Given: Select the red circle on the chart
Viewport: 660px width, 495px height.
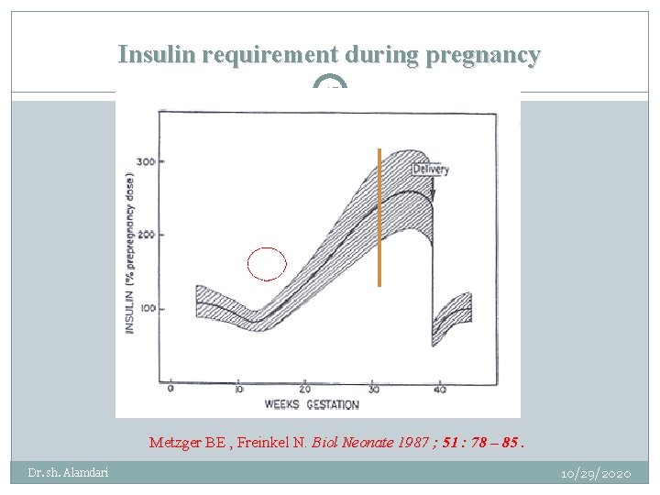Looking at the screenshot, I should click(x=267, y=264).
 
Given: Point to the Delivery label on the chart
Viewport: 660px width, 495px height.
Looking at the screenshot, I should click(x=430, y=170).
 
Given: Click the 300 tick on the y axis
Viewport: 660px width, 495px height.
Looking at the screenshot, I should click(x=145, y=162).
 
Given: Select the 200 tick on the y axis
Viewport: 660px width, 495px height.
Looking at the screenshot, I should click(x=145, y=235).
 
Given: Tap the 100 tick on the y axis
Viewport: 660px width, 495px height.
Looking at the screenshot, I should click(x=145, y=309).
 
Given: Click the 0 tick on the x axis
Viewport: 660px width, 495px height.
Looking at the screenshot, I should click(x=170, y=390).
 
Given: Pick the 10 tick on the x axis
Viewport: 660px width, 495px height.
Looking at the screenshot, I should click(x=237, y=390).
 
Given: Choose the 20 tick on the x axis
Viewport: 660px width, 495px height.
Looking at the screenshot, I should click(x=304, y=390).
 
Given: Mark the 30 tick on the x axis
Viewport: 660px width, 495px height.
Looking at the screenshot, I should click(x=372, y=390).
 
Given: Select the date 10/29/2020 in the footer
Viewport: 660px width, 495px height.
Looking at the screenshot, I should click(x=597, y=474).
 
